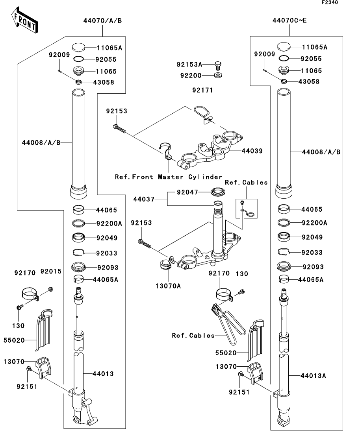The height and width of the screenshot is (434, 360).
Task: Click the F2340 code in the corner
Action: [x=330, y=2]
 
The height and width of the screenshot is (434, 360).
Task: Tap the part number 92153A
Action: [x=189, y=65]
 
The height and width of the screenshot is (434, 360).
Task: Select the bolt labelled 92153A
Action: [x=218, y=65]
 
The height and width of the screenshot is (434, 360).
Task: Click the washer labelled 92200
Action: [x=218, y=75]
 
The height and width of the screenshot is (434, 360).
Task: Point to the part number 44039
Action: [x=252, y=151]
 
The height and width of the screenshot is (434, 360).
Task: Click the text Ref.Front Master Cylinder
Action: [x=169, y=177]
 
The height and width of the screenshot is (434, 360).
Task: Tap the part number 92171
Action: [x=202, y=90]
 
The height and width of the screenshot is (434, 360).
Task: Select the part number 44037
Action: [x=144, y=199]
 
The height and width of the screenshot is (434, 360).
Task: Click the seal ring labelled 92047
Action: [x=218, y=192]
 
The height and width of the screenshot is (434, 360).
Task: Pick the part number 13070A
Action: [x=168, y=286]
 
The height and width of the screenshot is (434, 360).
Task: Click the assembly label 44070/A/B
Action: [x=102, y=21]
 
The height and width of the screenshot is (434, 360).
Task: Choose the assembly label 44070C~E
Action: [x=289, y=20]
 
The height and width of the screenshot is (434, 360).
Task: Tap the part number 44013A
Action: [x=313, y=376]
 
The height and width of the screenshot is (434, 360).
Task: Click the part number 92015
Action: [x=51, y=271]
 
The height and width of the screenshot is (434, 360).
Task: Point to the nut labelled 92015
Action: [x=50, y=290]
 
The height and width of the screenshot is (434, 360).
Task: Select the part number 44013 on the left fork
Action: [x=103, y=374]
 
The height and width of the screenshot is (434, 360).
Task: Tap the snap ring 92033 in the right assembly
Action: [x=284, y=251]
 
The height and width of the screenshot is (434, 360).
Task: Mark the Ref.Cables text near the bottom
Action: [x=193, y=336]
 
